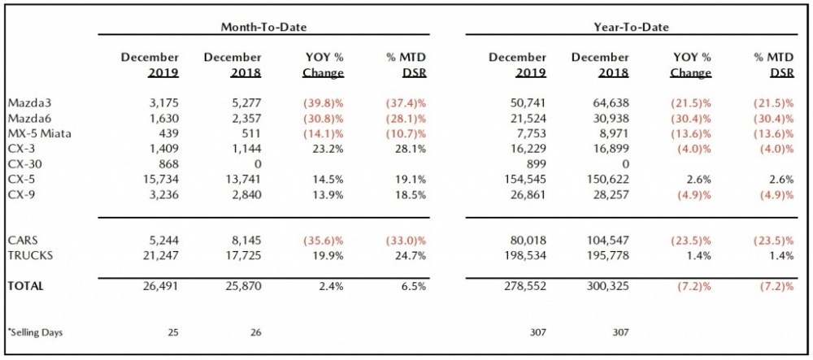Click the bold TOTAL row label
pos(26,286)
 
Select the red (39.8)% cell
pos(324,104)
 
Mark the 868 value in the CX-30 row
pos(167,163)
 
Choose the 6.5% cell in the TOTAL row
pos(415,286)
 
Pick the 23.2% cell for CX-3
pos(329,148)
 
